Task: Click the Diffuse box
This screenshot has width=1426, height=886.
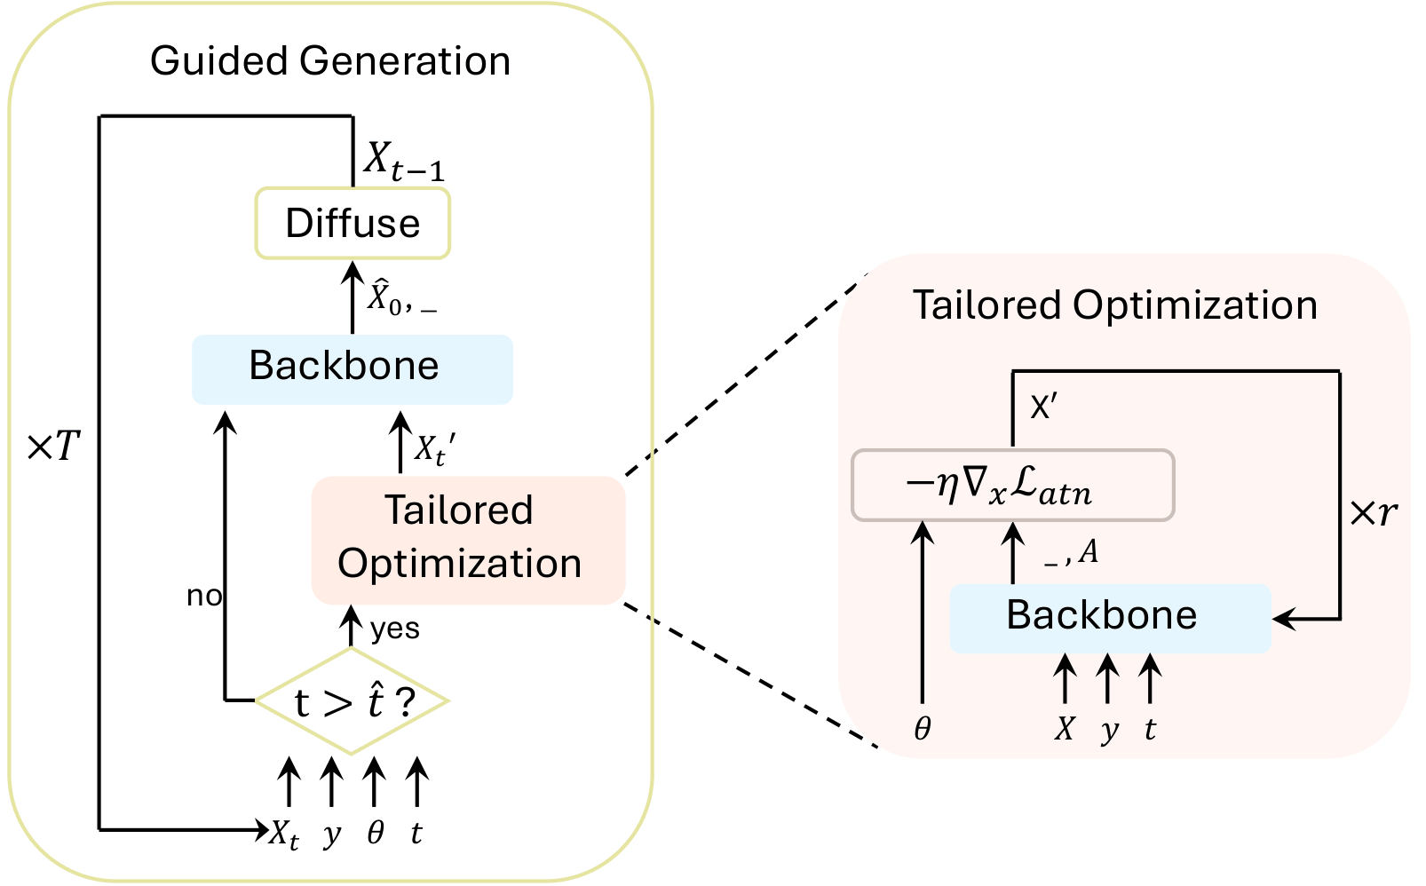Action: (x=353, y=223)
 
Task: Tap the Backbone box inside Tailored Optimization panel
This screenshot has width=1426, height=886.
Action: (x=1109, y=617)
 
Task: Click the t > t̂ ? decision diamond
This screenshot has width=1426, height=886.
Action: (x=352, y=701)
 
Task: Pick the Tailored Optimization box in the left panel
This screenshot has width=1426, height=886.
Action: (x=468, y=539)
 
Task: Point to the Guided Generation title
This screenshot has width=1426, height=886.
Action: (x=330, y=61)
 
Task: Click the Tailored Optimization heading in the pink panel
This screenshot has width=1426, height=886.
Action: (x=1115, y=305)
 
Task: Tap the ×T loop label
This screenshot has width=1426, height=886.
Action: (x=54, y=447)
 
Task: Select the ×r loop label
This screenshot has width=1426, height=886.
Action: (x=1372, y=512)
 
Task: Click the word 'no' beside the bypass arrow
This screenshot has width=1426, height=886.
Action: (x=203, y=596)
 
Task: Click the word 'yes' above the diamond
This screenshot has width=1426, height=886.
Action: (x=394, y=629)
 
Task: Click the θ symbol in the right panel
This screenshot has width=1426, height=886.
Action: (x=923, y=729)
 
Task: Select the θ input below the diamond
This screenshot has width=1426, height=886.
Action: (x=375, y=832)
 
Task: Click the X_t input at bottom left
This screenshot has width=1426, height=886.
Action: (x=284, y=834)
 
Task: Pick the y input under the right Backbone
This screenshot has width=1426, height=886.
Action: (x=1108, y=731)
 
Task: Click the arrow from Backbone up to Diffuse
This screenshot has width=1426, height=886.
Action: (x=353, y=297)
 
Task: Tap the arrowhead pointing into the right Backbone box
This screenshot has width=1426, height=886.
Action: (x=1284, y=619)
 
